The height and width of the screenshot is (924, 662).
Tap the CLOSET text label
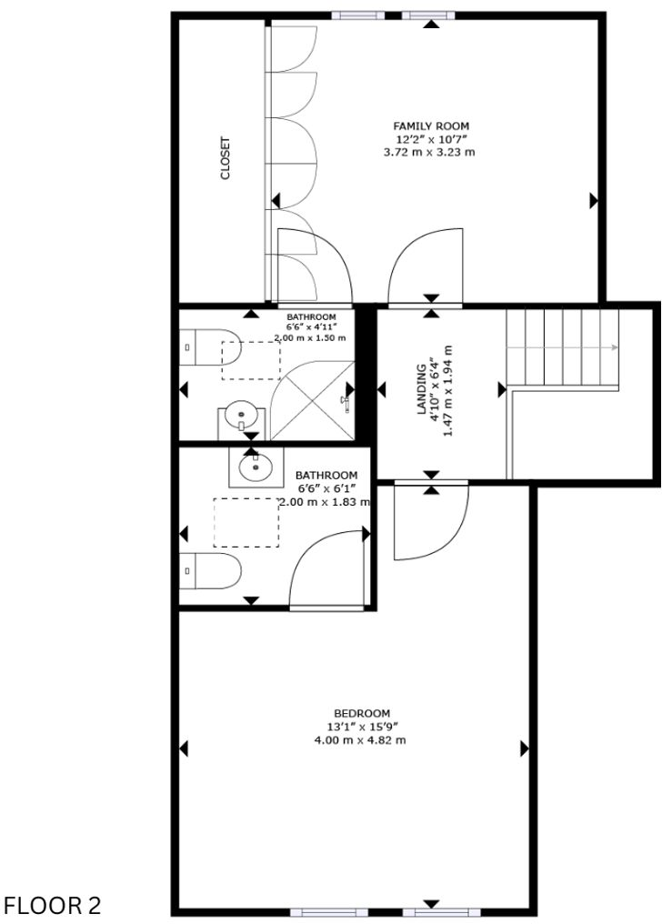226,157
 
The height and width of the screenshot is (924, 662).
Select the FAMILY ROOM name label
432,126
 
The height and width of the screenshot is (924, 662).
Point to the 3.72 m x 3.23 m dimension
432,152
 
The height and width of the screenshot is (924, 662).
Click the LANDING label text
421,389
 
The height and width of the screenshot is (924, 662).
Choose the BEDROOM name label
361,713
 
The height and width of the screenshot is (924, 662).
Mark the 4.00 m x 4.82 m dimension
360,740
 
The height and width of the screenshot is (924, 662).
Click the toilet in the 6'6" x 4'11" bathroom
208,346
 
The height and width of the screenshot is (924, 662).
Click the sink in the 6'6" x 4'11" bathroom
241,416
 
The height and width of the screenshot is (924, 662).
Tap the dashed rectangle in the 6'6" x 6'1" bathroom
246,522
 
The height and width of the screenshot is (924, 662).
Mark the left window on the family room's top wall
356,15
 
